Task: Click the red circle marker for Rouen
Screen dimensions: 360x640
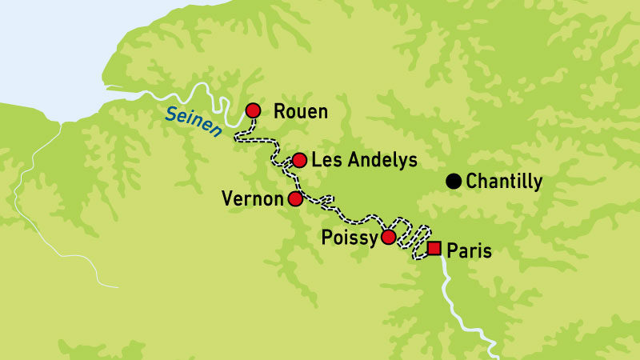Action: coord(254,110)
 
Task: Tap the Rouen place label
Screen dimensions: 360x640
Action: coord(300,111)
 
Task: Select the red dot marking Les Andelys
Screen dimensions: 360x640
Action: coord(299,160)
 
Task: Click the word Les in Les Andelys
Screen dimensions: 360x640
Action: coord(325,160)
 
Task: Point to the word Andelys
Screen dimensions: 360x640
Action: coord(379,161)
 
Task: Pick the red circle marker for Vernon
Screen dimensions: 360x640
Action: coord(295,198)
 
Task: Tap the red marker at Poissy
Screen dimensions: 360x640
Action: coord(388,237)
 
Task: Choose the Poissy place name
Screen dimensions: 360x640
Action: coord(348,238)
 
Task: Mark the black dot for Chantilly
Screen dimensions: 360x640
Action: coord(453,182)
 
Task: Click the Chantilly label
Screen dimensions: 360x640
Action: coord(504,182)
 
